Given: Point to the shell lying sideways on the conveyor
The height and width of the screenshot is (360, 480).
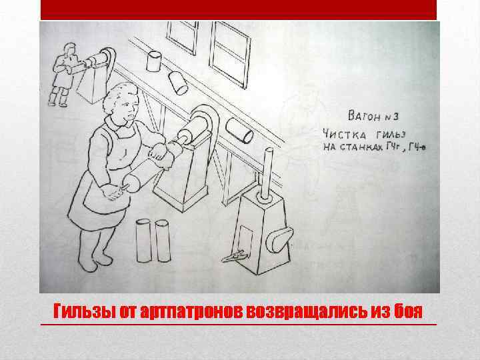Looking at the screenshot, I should tap(239, 129).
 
